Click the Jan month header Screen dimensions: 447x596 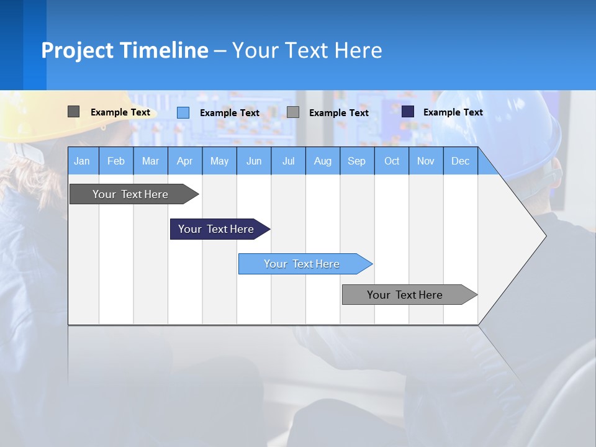(82, 161)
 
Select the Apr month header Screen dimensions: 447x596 (184, 161)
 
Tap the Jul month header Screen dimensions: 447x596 (288, 161)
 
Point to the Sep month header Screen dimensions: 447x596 (356, 161)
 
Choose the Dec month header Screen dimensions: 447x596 (460, 161)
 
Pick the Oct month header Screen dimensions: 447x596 (392, 161)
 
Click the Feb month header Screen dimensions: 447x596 (116, 161)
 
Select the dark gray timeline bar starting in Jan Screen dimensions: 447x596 (130, 194)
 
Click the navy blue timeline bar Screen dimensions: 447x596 (216, 229)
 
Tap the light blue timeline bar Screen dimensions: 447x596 (302, 264)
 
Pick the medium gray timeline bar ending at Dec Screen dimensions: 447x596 (405, 295)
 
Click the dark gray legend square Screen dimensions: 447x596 (74, 112)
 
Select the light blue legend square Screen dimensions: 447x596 (183, 112)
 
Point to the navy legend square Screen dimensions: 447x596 (408, 112)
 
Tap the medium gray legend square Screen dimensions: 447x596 (293, 112)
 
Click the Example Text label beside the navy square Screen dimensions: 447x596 (453, 112)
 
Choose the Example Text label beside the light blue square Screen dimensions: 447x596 (229, 113)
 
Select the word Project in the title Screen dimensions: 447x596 (78, 50)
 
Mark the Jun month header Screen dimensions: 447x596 (254, 161)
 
